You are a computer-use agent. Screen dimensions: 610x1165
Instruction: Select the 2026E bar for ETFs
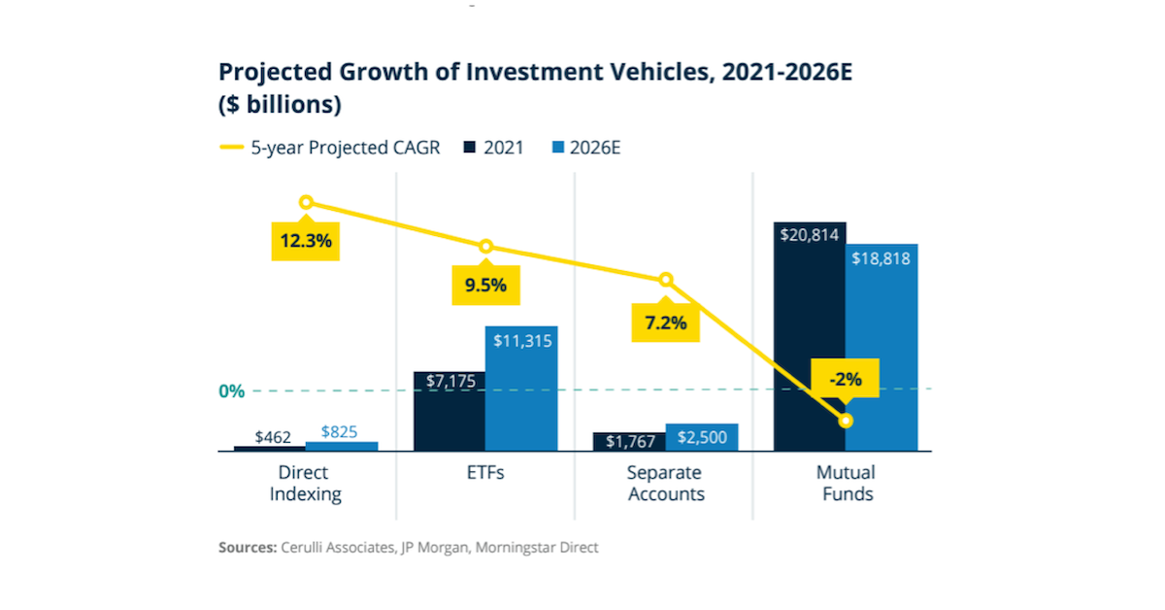[521, 389]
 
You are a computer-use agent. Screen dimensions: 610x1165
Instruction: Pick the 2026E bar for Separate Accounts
[702, 437]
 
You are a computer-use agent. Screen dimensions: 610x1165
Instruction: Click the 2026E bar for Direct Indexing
[342, 446]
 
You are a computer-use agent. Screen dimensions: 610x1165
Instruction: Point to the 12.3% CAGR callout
[304, 241]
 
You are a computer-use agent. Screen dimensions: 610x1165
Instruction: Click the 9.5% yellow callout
[484, 286]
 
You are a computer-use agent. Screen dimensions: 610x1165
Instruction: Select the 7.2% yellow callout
[666, 322]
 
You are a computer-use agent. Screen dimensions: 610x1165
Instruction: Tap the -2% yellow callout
[845, 380]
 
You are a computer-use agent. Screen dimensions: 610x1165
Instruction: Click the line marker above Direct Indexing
[306, 202]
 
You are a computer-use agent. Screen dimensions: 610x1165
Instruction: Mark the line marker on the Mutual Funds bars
[846, 421]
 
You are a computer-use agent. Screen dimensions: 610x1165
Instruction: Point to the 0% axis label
[231, 391]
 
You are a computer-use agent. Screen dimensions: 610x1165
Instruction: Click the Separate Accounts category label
[666, 483]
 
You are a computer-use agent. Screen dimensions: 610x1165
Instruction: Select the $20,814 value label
[810, 233]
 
